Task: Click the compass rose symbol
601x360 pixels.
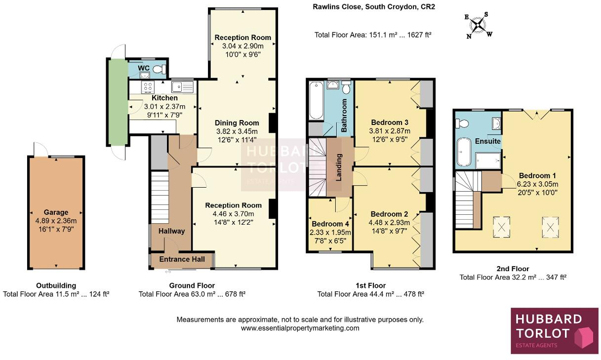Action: tap(478, 26)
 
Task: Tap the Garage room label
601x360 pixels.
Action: tap(56, 212)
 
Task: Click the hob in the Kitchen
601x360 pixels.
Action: tap(148, 87)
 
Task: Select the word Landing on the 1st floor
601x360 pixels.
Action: tap(339, 167)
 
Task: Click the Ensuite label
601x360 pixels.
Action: tap(488, 141)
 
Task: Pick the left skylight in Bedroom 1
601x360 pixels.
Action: tap(501, 228)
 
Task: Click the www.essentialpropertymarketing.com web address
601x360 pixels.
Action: tap(300, 328)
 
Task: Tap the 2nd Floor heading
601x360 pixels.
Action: tap(513, 269)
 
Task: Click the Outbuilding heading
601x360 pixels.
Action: tap(56, 285)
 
